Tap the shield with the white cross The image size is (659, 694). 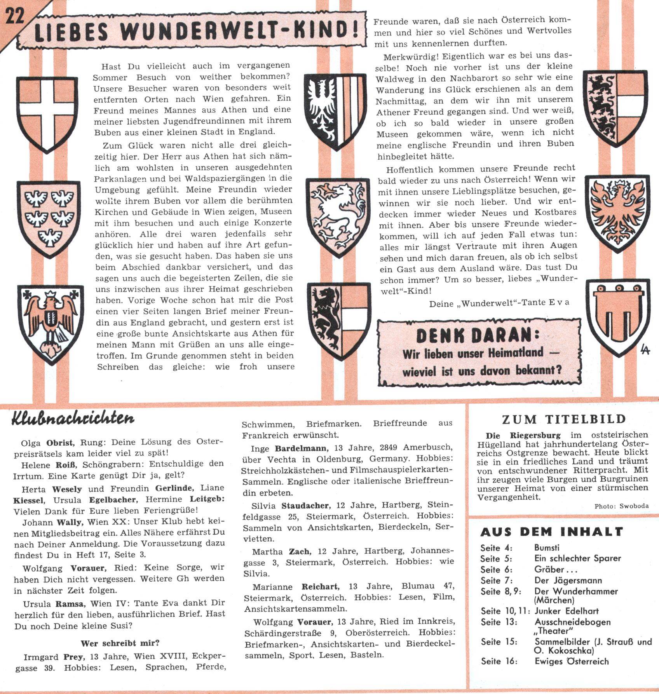47,113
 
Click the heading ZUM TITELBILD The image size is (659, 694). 564,419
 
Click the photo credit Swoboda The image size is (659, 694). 634,506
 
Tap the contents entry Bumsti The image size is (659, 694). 547,548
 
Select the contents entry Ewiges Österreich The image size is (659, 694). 571,661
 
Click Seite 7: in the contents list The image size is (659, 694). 496,581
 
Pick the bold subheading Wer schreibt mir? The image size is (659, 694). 120,643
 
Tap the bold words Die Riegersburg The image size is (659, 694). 523,435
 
